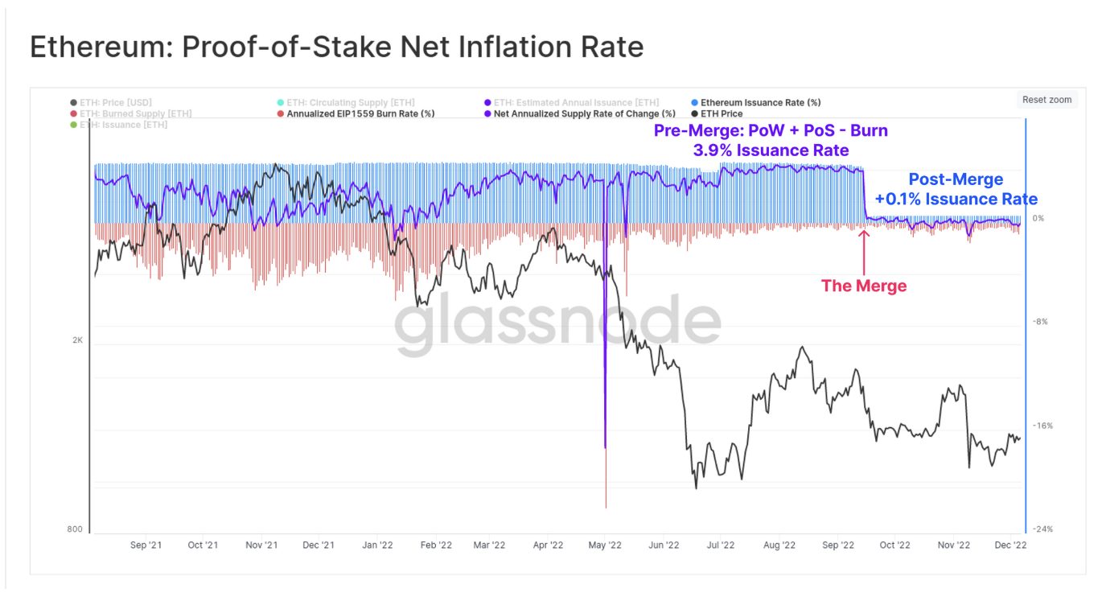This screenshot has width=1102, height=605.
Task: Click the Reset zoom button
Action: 1046,100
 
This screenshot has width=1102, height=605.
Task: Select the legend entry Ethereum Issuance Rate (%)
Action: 760,103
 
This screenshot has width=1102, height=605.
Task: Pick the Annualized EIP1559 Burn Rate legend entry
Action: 360,114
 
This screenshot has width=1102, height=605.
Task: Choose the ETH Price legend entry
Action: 721,114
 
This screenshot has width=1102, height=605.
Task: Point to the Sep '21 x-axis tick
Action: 146,545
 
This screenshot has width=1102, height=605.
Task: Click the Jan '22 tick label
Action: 376,545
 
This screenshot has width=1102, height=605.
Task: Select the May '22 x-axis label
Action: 606,545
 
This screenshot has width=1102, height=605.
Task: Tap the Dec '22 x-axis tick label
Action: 1010,545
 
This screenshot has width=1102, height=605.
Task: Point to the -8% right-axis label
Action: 1040,322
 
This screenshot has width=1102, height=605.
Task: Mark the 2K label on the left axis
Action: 77,340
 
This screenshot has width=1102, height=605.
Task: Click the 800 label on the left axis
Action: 75,529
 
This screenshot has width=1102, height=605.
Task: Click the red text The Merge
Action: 863,286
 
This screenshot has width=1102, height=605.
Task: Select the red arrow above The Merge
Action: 864,251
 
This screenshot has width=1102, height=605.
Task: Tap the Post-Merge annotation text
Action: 956,179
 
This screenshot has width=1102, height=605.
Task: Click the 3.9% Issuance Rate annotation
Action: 771,150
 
